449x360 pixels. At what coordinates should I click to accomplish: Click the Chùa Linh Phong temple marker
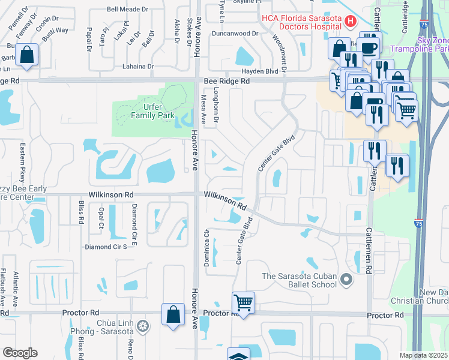[142, 326]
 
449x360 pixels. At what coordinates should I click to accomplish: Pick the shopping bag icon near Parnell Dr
[27, 55]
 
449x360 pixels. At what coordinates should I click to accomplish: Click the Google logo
[20, 353]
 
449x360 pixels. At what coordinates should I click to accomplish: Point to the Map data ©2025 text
[423, 355]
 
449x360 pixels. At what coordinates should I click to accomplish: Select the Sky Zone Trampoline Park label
[419, 43]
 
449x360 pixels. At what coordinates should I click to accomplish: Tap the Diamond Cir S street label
[106, 247]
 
